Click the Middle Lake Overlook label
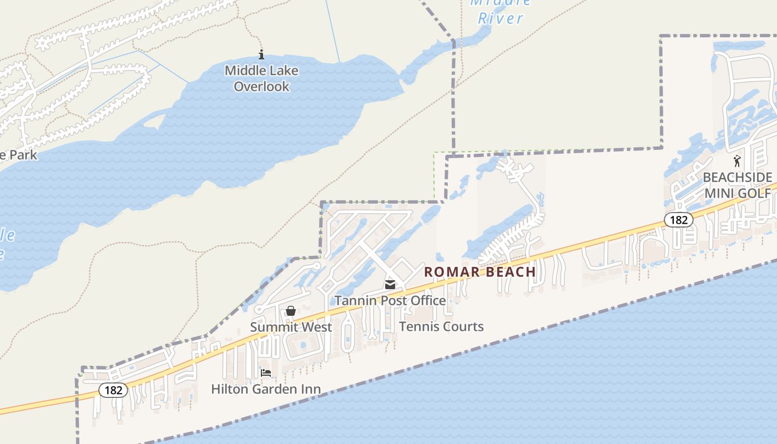(261, 78)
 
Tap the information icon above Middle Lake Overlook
(261, 54)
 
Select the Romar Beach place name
(480, 272)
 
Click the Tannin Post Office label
(390, 300)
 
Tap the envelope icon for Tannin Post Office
(390, 285)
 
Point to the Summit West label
(291, 327)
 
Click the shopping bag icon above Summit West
(291, 311)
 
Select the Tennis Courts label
(441, 326)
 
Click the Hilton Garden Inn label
(266, 389)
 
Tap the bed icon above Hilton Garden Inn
(266, 373)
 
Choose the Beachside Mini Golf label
(738, 185)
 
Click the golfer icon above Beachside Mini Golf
(737, 162)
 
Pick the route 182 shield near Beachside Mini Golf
(678, 220)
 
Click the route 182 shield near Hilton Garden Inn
(113, 390)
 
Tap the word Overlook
(261, 86)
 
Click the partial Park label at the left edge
(19, 154)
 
